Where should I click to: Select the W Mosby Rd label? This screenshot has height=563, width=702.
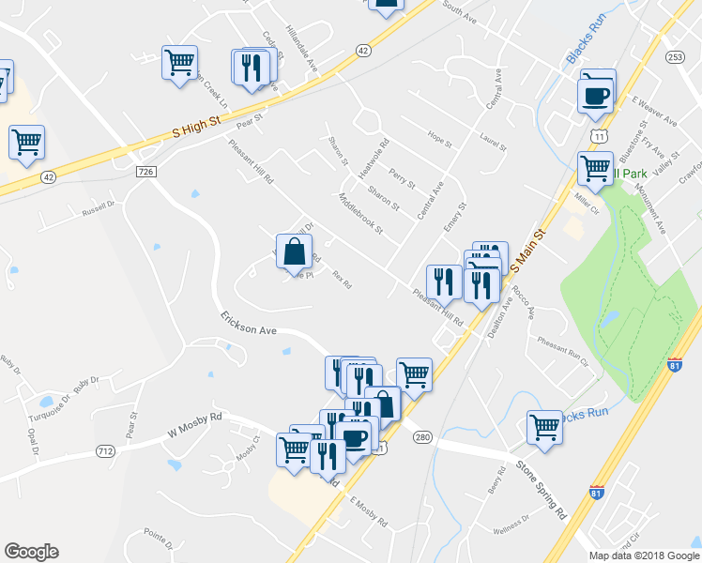click(x=194, y=424)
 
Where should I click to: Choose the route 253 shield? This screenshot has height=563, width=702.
click(x=674, y=57)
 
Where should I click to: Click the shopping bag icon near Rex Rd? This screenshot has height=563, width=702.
click(x=294, y=252)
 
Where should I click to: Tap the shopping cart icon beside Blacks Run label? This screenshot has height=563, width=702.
click(x=544, y=427)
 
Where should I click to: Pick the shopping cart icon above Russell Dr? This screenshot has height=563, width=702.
click(x=26, y=143)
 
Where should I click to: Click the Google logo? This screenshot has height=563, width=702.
click(x=31, y=552)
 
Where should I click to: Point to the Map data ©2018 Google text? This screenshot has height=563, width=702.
click(x=644, y=555)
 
